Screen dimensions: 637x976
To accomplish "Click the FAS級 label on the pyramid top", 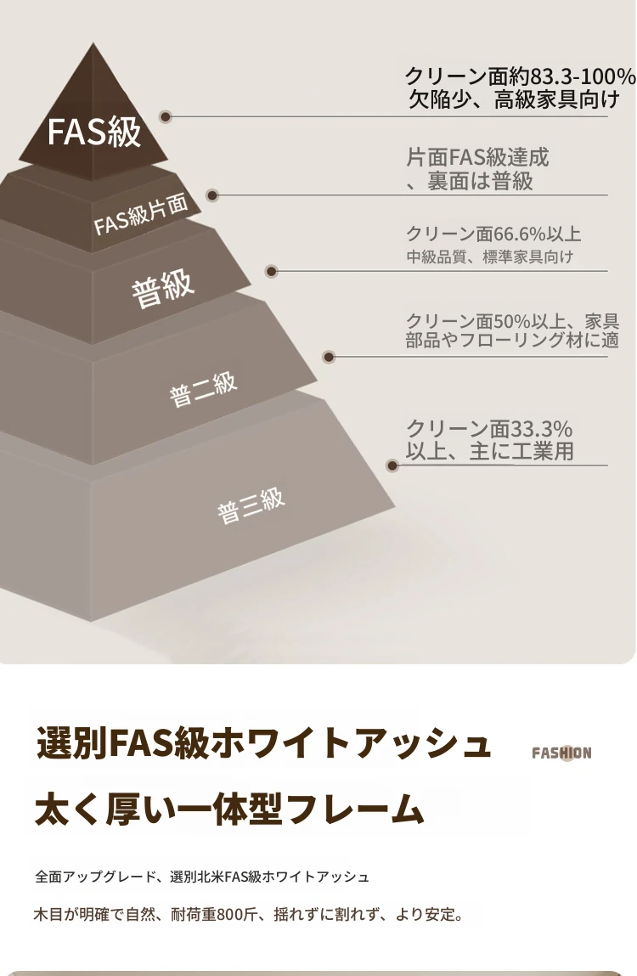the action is (x=94, y=132).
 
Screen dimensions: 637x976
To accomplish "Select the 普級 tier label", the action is (x=162, y=288).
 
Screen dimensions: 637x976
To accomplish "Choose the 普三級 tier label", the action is (x=251, y=505).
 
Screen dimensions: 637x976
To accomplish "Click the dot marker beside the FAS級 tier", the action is (x=166, y=116).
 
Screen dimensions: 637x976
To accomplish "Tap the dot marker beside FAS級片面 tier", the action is (x=212, y=195).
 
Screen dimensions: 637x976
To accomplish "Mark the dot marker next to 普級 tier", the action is (x=271, y=271).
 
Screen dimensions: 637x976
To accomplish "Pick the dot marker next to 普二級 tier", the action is (x=329, y=358).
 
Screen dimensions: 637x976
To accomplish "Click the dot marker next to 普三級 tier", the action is (x=392, y=465).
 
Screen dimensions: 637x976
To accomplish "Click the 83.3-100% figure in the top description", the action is (x=583, y=76).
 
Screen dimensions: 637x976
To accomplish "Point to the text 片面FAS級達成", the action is (x=477, y=157).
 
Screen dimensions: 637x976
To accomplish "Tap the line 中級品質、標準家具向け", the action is (x=489, y=257).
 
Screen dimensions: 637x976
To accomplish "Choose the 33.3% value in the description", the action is (x=541, y=428).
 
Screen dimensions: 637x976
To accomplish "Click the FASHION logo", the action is (x=561, y=753).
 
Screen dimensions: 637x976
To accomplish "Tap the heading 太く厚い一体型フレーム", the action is (x=229, y=810).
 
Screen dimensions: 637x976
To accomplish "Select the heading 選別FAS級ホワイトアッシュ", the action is (x=264, y=743).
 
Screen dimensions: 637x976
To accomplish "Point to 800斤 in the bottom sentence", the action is (x=236, y=915).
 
